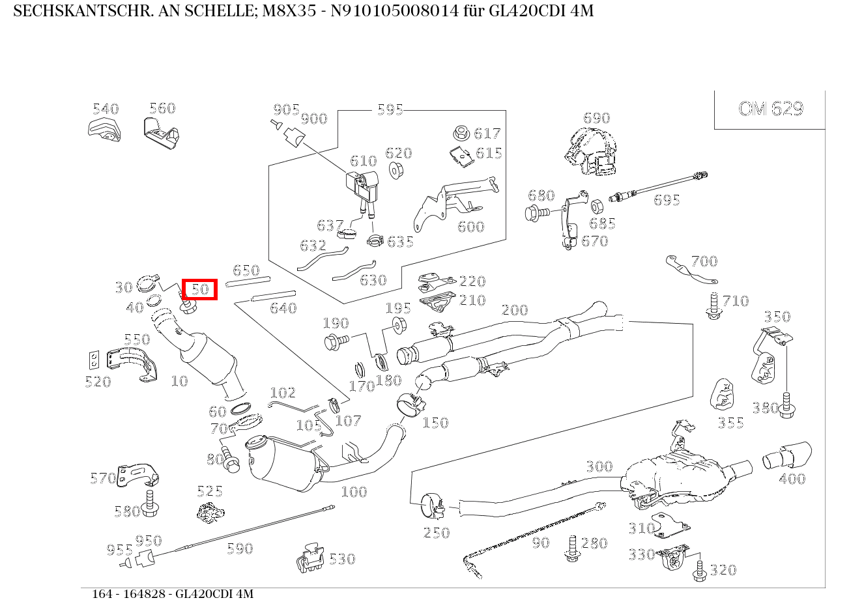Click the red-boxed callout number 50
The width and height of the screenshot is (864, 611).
(x=199, y=289)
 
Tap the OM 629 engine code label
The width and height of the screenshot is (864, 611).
(x=770, y=108)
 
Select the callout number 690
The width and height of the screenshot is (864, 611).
(x=596, y=118)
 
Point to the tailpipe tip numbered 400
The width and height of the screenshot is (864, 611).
(x=787, y=455)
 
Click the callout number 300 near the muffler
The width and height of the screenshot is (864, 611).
(x=599, y=466)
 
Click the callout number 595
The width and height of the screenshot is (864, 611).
(x=390, y=109)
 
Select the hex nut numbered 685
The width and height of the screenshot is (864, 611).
(x=596, y=207)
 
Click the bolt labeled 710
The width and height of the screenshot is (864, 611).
(x=713, y=306)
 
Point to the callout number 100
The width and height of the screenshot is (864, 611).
(x=354, y=492)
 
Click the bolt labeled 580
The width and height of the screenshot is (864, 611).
(x=151, y=504)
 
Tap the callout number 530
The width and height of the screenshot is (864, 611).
(x=341, y=559)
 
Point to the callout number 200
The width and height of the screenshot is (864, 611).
(x=514, y=310)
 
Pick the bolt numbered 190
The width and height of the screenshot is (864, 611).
(x=336, y=339)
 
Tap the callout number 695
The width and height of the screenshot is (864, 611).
(x=667, y=200)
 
